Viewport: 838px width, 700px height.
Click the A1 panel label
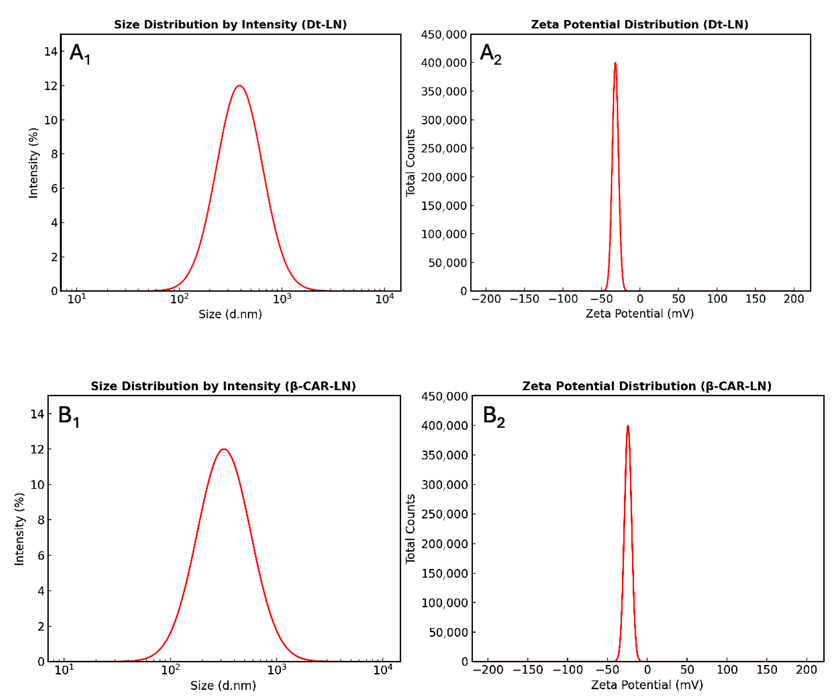point(80,54)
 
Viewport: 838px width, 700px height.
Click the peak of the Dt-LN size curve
point(239,86)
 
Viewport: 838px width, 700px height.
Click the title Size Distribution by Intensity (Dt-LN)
point(230,24)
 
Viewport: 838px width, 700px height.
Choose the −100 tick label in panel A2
point(563,299)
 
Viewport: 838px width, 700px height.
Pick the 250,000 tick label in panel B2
point(444,514)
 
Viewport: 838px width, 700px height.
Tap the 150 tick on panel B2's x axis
point(767,670)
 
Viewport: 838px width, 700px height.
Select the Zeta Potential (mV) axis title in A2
point(640,314)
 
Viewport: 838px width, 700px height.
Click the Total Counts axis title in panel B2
point(410,529)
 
